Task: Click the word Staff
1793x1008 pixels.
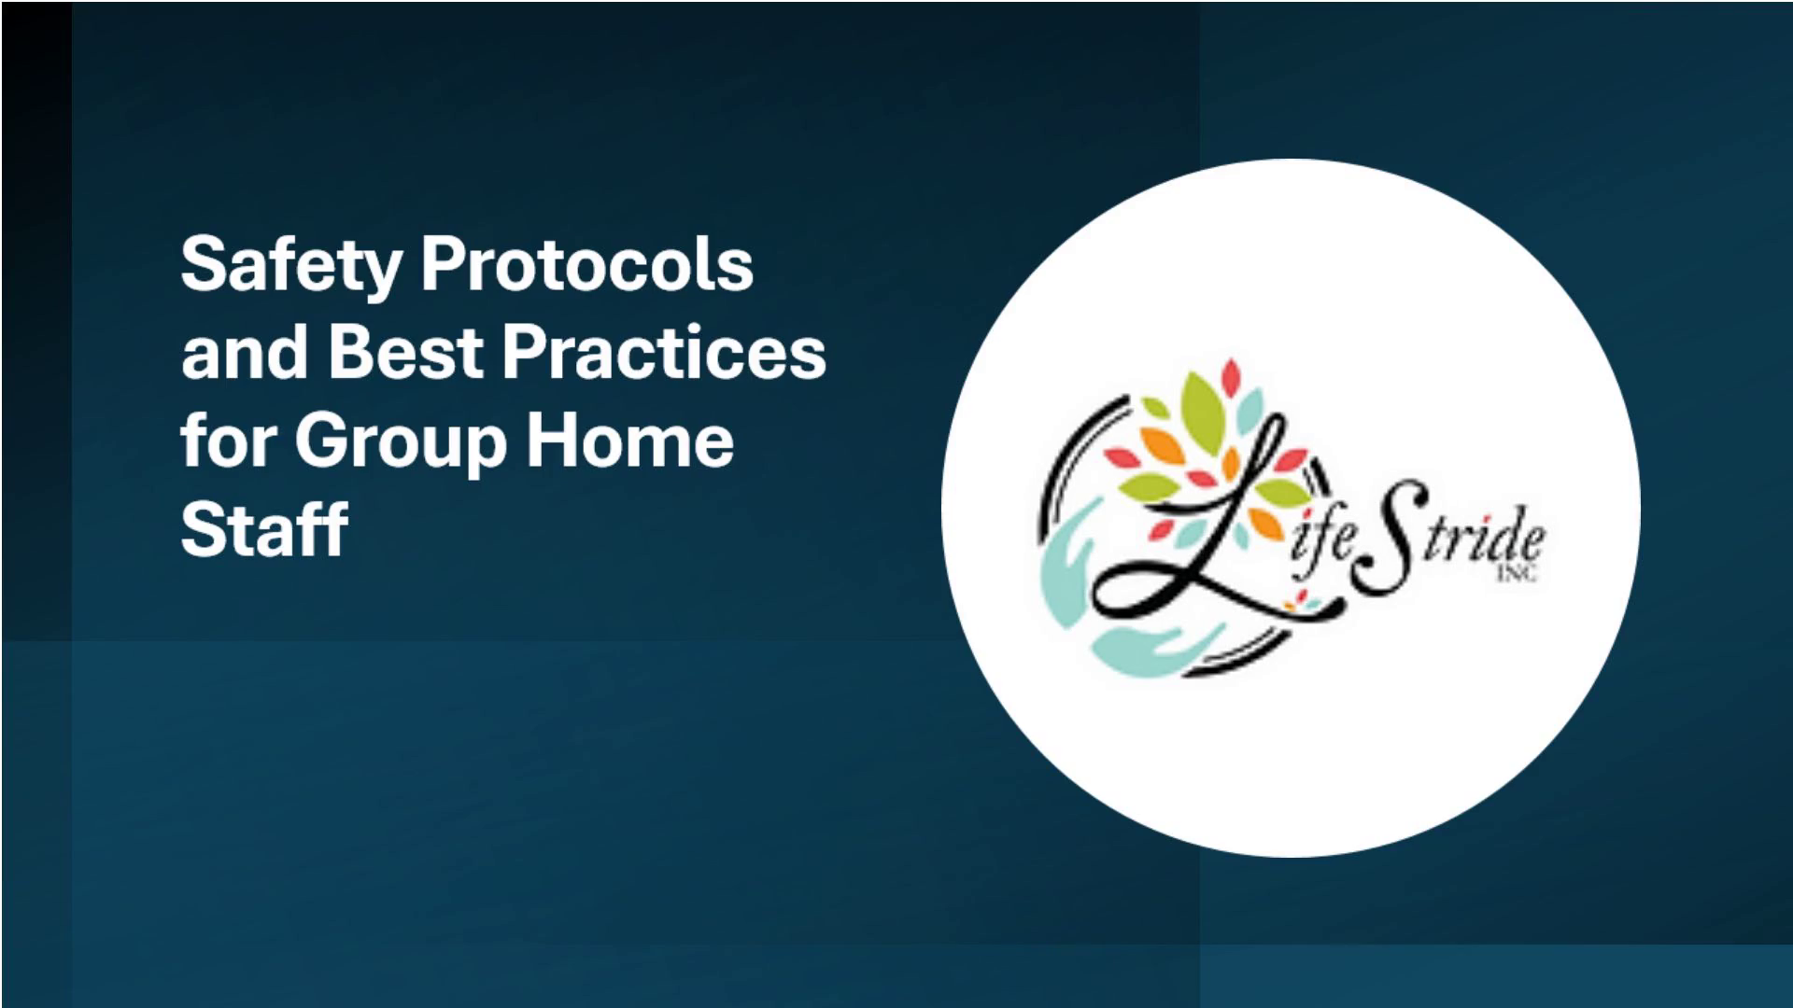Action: click(264, 527)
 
